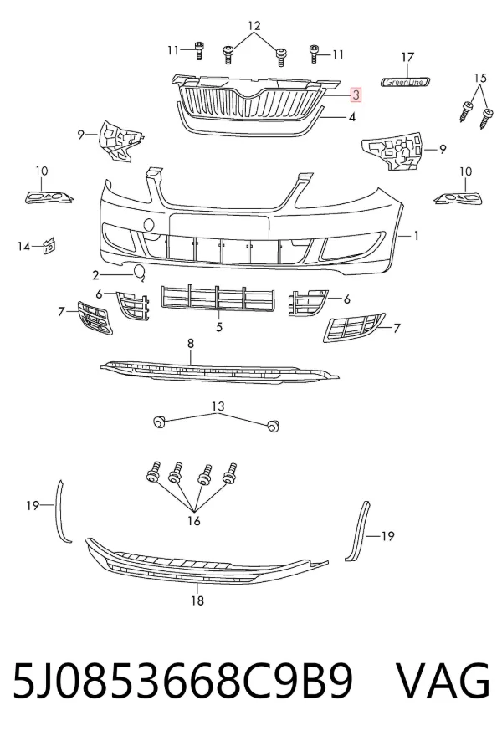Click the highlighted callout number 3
point(356,95)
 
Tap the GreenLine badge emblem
point(406,82)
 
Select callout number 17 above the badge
point(407,57)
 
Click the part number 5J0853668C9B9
point(182,682)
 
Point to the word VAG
point(442,681)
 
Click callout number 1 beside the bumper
point(416,235)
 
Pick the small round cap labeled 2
point(140,273)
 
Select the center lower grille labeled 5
point(218,298)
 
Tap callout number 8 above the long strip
point(191,343)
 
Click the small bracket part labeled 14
point(49,245)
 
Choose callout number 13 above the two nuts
point(218,406)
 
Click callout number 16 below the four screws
point(194,521)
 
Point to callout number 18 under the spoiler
point(197,600)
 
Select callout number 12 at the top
point(254,26)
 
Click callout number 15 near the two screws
point(479,78)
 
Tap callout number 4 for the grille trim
point(351,116)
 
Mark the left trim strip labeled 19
point(64,511)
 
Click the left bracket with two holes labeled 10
point(49,197)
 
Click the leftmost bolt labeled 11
point(199,51)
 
